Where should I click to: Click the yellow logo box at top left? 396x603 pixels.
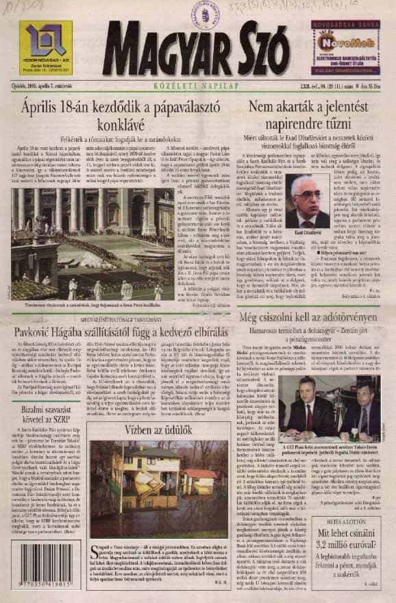click(x=46, y=48)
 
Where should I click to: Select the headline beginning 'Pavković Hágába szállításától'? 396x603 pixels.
click(x=119, y=331)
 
